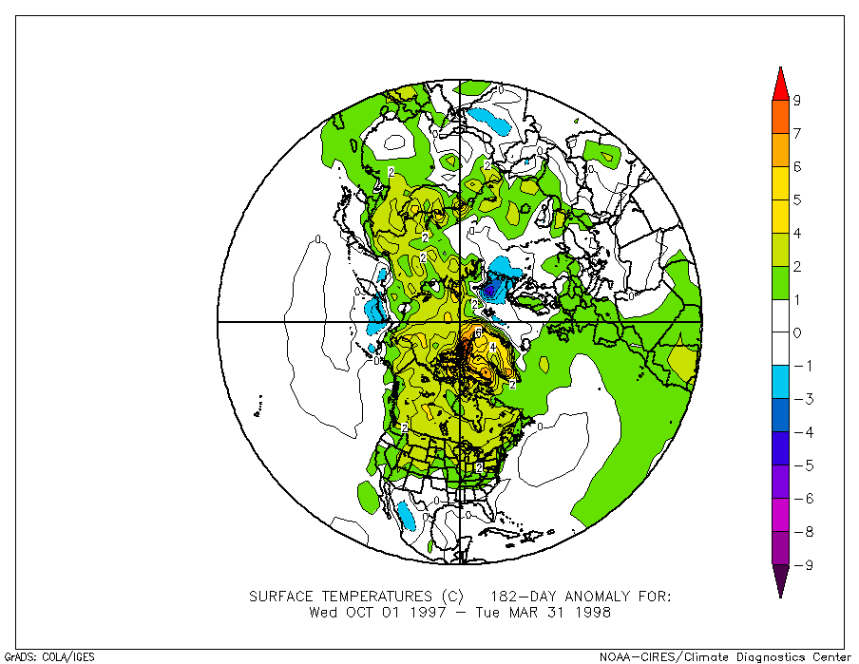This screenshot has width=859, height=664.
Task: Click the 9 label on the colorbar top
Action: pyautogui.click(x=797, y=100)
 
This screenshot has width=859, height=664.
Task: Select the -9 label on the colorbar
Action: pyautogui.click(x=798, y=565)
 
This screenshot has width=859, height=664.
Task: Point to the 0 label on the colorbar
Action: pyautogui.click(x=797, y=332)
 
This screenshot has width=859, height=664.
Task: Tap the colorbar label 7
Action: pyautogui.click(x=797, y=133)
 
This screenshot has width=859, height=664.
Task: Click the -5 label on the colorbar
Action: pyautogui.click(x=798, y=465)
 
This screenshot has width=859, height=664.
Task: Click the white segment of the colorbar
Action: pyautogui.click(x=780, y=315)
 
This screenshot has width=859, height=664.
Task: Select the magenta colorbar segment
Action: pyautogui.click(x=780, y=515)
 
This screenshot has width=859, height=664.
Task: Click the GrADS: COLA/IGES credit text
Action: pyautogui.click(x=49, y=656)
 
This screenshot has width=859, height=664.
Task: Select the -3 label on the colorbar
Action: pyautogui.click(x=798, y=399)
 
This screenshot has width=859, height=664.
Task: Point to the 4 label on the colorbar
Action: pyautogui.click(x=797, y=233)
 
